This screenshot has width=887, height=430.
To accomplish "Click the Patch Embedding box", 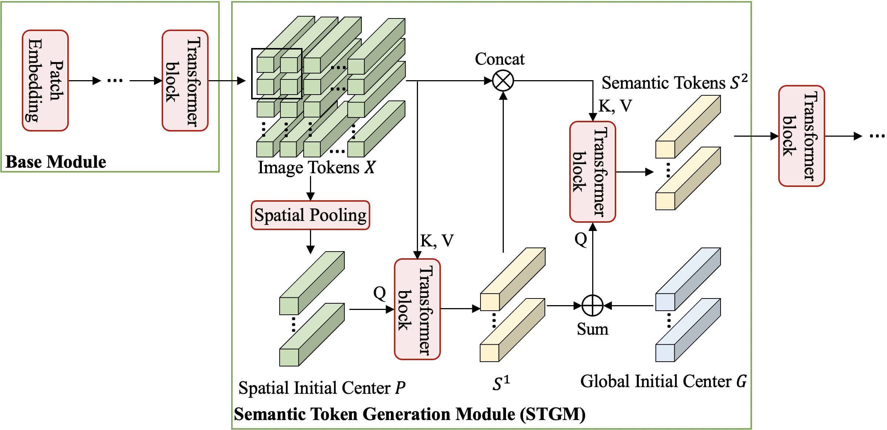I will click(45, 81).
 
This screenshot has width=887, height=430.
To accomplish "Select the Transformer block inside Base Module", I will click(185, 81).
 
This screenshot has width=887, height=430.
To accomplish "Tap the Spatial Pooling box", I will click(310, 215).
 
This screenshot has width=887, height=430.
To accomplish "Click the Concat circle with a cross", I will click(503, 81).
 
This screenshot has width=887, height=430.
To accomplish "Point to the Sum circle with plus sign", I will click(593, 306).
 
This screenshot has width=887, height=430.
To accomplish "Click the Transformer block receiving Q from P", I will click(417, 309).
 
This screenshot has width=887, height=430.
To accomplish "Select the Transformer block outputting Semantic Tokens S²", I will click(592, 172).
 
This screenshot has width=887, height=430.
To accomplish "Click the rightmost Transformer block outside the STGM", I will click(802, 136).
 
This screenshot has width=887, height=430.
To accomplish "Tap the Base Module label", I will click(56, 162).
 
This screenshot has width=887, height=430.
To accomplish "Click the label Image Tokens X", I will click(316, 168).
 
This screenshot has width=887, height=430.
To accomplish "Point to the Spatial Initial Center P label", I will click(321, 388).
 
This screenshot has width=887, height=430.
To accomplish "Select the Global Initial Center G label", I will click(663, 381).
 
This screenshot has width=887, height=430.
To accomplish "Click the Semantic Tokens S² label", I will click(674, 83).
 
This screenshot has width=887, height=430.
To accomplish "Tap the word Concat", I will click(499, 59).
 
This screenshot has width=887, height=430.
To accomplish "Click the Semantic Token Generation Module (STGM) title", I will click(409, 414).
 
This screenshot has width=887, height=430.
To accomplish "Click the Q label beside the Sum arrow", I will click(581, 240).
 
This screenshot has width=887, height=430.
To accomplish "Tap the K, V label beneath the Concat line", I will click(615, 106).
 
